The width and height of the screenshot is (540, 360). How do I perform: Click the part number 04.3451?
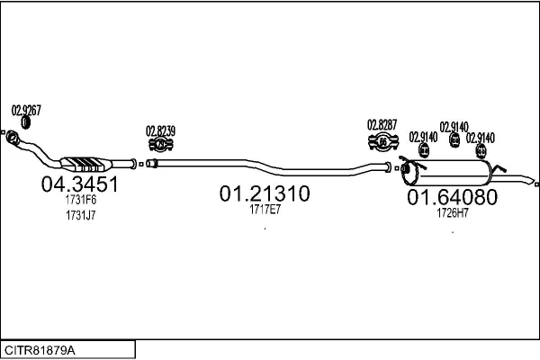click(x=79, y=184)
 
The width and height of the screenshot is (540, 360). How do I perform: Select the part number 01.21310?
click(x=265, y=193)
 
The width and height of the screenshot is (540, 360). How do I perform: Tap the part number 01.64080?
click(x=452, y=197)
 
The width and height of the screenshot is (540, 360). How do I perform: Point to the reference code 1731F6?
click(x=81, y=200)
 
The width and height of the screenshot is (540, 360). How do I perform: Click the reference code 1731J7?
click(x=81, y=215)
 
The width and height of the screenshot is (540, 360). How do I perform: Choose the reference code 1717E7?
click(x=265, y=210)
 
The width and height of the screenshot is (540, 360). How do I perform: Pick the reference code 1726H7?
click(x=453, y=213)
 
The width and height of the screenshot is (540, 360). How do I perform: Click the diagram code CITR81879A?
click(x=40, y=350)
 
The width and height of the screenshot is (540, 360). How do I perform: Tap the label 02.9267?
click(x=26, y=111)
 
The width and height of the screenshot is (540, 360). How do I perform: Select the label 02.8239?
click(x=160, y=131)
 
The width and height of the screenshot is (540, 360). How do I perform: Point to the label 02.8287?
click(x=382, y=125)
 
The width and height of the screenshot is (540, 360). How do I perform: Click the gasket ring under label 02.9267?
click(x=25, y=122)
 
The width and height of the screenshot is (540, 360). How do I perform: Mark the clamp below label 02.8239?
click(x=160, y=144)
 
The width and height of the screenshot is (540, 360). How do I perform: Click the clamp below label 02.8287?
click(x=383, y=142)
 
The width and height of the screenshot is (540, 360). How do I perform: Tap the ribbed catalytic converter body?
click(x=86, y=164)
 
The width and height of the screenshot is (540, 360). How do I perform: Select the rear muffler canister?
click(x=447, y=172)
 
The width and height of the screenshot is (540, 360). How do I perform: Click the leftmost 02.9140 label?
click(x=423, y=137)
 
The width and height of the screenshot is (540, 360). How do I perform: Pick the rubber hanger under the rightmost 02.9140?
click(x=481, y=151)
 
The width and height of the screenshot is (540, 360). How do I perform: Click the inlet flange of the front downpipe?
click(x=12, y=137)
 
